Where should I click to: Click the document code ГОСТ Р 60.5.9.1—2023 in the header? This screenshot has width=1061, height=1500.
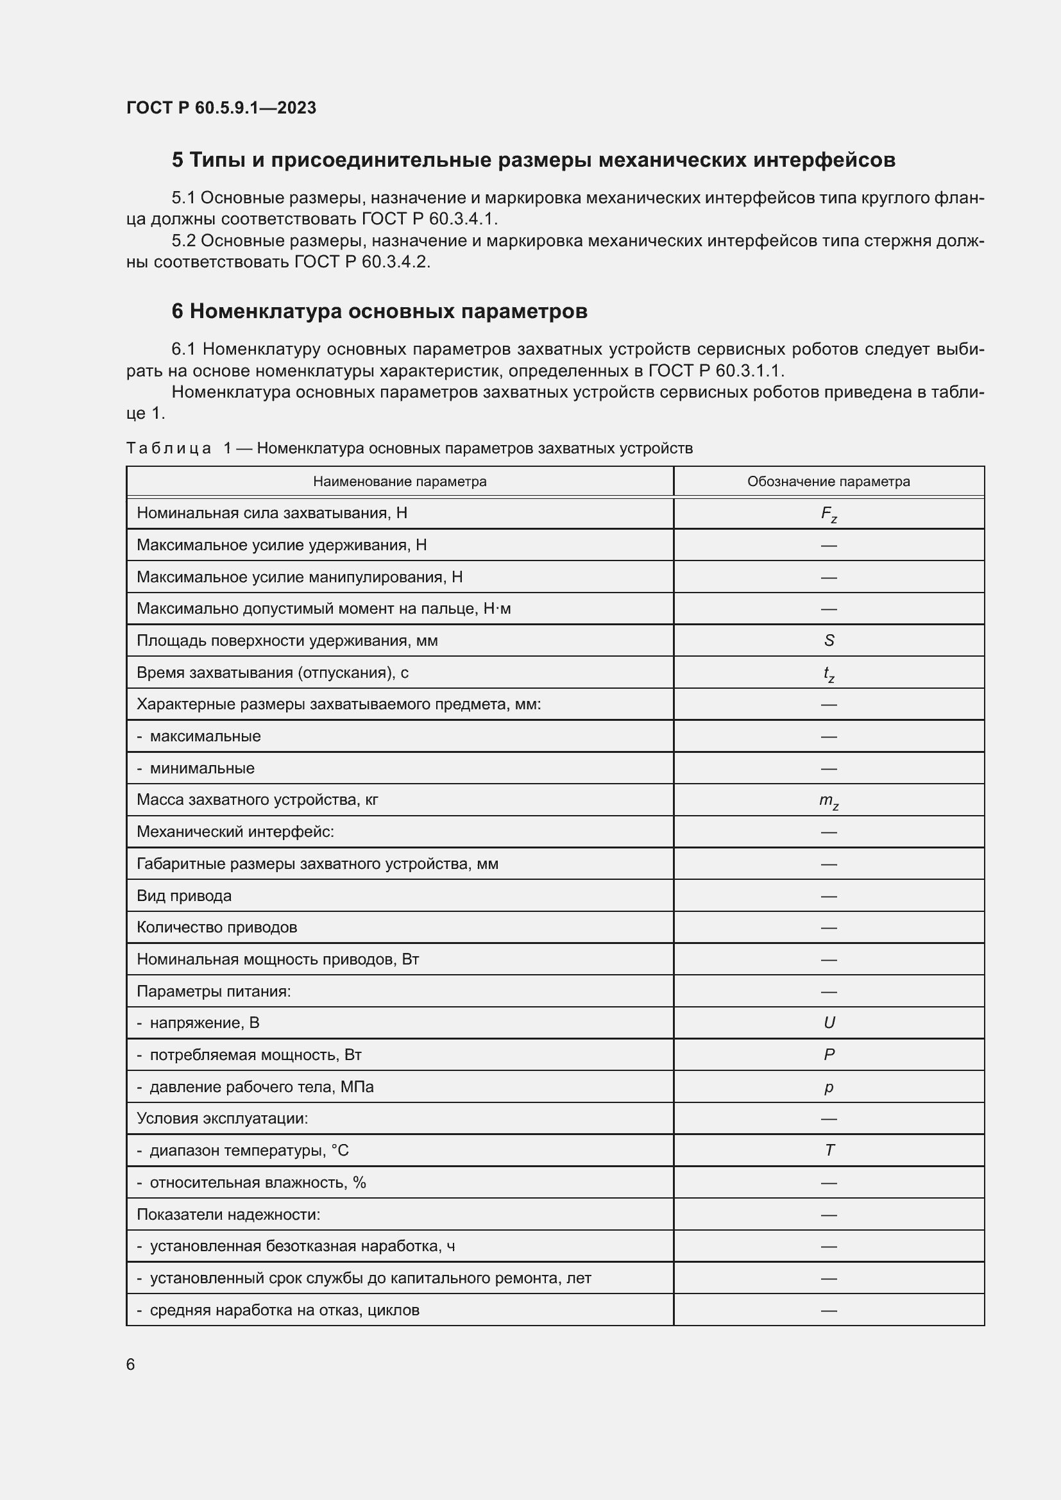click(221, 108)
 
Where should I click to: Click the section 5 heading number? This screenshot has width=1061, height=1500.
click(178, 160)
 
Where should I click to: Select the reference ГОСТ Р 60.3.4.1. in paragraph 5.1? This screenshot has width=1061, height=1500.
click(429, 219)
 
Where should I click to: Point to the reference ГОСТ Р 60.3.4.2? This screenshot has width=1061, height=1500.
click(362, 262)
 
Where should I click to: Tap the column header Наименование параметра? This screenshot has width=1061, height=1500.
click(399, 482)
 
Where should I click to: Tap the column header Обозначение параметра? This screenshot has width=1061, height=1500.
click(828, 482)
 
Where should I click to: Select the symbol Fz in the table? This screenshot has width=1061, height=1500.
click(828, 514)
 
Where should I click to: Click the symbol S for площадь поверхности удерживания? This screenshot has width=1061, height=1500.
click(828, 640)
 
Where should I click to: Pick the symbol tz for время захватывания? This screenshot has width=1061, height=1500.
click(828, 673)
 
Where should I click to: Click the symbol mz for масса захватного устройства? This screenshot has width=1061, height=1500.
click(828, 801)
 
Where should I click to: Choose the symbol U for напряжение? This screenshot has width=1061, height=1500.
click(828, 1023)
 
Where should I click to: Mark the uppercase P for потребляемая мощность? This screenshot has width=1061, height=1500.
click(828, 1054)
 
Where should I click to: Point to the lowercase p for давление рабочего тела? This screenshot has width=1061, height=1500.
click(828, 1087)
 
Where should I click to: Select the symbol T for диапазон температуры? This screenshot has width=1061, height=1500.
click(828, 1150)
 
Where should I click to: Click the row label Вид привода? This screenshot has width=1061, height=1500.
click(183, 896)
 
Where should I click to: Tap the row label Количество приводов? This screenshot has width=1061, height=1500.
click(216, 927)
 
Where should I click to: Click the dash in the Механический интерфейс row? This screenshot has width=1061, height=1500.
click(828, 832)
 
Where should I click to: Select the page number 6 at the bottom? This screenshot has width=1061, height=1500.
click(130, 1365)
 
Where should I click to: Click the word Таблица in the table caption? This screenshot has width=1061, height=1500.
click(168, 448)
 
